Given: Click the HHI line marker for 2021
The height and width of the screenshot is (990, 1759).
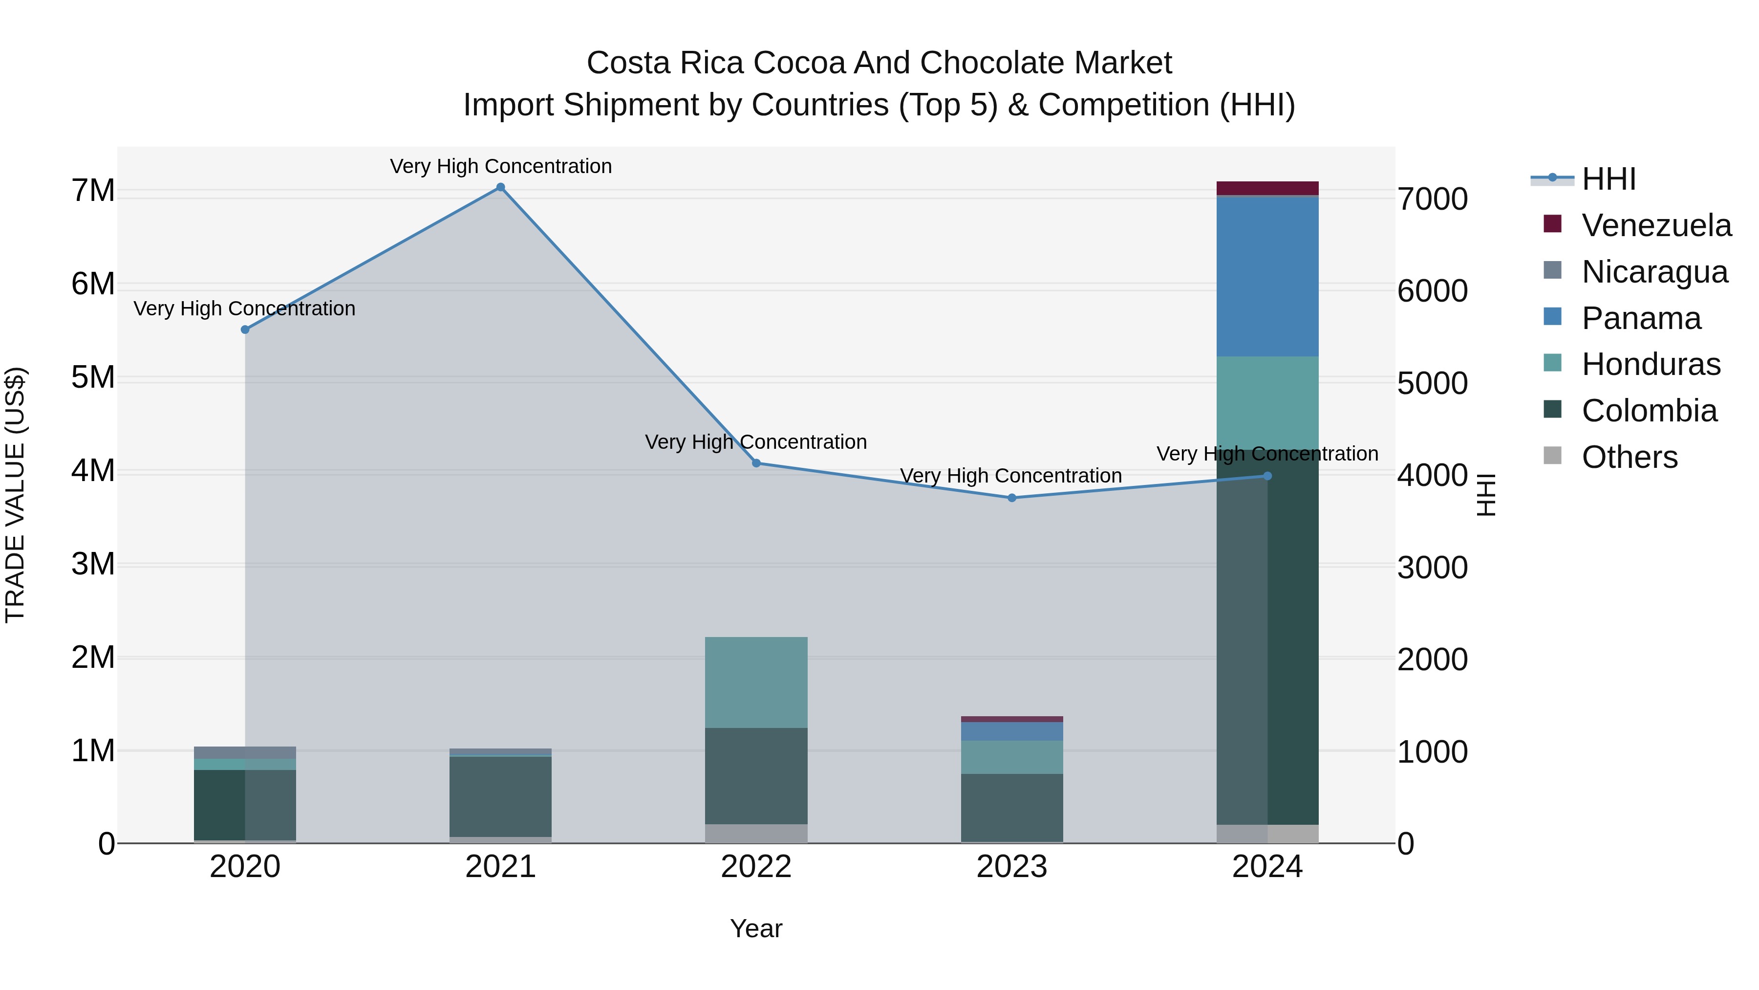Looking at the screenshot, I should pyautogui.click(x=500, y=187).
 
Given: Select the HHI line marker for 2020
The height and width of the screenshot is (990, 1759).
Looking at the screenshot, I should pyautogui.click(x=245, y=330).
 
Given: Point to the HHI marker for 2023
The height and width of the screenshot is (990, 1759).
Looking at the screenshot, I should pyautogui.click(x=1012, y=498).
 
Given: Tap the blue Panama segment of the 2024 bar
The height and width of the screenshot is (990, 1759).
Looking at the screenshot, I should pyautogui.click(x=1267, y=277).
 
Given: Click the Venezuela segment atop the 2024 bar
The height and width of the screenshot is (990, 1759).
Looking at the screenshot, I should pyautogui.click(x=1267, y=188).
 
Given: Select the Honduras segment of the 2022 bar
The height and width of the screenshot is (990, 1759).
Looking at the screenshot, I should pyautogui.click(x=756, y=682).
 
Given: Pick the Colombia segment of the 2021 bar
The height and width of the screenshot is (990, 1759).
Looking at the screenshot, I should pyautogui.click(x=500, y=796).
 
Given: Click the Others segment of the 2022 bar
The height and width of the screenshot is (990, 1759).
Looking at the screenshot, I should pyautogui.click(x=756, y=833).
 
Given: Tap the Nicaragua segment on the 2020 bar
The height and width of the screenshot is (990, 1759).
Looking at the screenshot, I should pyautogui.click(x=245, y=752).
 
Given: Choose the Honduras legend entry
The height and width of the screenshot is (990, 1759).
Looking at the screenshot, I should pyautogui.click(x=1651, y=364).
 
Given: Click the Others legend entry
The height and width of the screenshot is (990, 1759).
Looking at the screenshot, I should pyautogui.click(x=1629, y=457).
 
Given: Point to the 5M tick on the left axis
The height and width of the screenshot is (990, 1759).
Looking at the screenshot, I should pyautogui.click(x=93, y=377).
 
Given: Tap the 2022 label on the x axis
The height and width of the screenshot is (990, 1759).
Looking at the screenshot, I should pyautogui.click(x=756, y=867).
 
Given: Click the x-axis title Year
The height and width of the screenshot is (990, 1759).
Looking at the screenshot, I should pyautogui.click(x=756, y=928).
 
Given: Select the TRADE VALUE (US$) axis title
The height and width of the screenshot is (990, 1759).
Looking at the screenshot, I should pyautogui.click(x=16, y=495).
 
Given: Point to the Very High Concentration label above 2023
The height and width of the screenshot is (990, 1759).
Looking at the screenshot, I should pyautogui.click(x=1010, y=476).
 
